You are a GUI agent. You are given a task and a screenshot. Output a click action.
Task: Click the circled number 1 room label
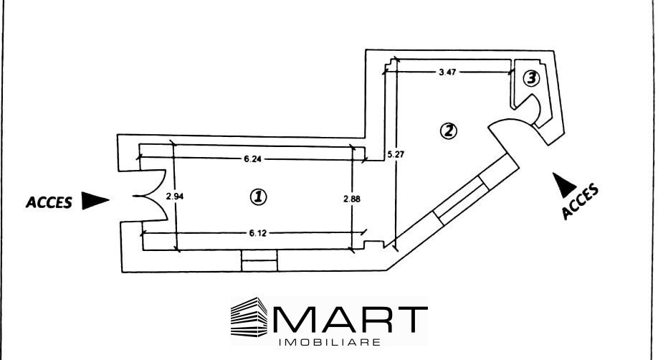click(258, 196)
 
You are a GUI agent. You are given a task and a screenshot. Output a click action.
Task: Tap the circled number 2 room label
click(448, 131)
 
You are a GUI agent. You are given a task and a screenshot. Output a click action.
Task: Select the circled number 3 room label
click(531, 78)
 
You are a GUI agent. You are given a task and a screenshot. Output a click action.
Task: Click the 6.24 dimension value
click(252, 158)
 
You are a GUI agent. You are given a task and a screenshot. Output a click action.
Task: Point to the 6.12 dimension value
click(257, 233)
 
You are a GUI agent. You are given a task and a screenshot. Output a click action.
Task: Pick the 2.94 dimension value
click(175, 196)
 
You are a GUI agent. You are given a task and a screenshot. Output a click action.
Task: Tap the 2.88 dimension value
click(352, 199)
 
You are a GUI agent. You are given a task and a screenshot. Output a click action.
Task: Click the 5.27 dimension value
click(396, 155)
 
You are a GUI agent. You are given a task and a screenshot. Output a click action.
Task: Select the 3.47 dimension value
click(447, 72)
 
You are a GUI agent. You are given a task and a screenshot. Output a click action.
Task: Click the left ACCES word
click(49, 202)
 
